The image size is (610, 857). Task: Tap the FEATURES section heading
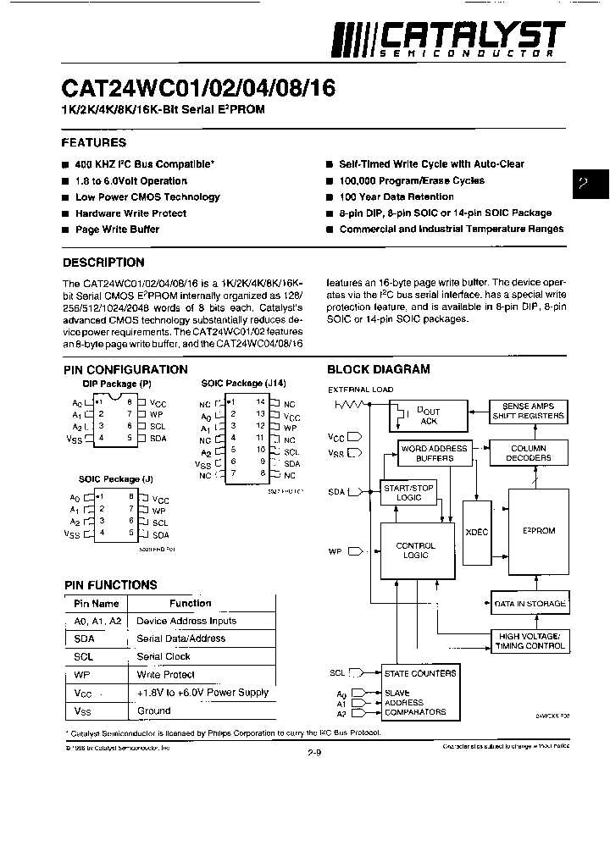pyautogui.click(x=94, y=142)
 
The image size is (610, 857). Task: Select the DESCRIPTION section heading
pyautogui.click(x=103, y=263)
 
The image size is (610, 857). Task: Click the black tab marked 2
pyautogui.click(x=591, y=184)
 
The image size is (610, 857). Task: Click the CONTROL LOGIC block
pyautogui.click(x=416, y=551)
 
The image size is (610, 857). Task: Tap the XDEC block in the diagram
pyautogui.click(x=478, y=531)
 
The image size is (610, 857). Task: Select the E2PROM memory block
pyautogui.click(x=539, y=531)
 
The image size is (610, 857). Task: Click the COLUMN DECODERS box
pyautogui.click(x=529, y=453)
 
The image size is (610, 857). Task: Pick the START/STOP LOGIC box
pyautogui.click(x=408, y=493)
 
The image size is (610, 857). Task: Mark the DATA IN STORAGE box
pyautogui.click(x=529, y=604)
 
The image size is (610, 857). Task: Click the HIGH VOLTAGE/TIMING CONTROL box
pyautogui.click(x=529, y=641)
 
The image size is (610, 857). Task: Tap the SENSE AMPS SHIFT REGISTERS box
pyautogui.click(x=529, y=411)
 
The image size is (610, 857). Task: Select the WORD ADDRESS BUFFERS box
pyautogui.click(x=434, y=453)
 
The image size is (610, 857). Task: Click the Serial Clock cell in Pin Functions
pyautogui.click(x=164, y=656)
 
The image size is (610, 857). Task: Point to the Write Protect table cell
pyautogui.click(x=165, y=675)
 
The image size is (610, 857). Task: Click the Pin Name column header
pyautogui.click(x=96, y=604)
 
